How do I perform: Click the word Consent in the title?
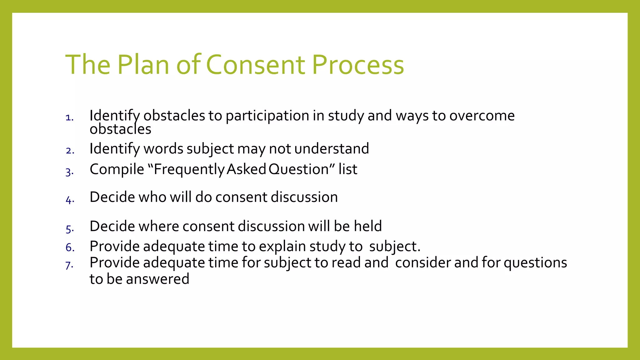255,65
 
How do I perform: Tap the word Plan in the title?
143,65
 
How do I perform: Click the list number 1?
69,118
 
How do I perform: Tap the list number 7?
69,265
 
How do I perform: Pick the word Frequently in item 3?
189,170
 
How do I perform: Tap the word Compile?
117,170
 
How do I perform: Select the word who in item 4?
152,197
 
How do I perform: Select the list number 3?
69,172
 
